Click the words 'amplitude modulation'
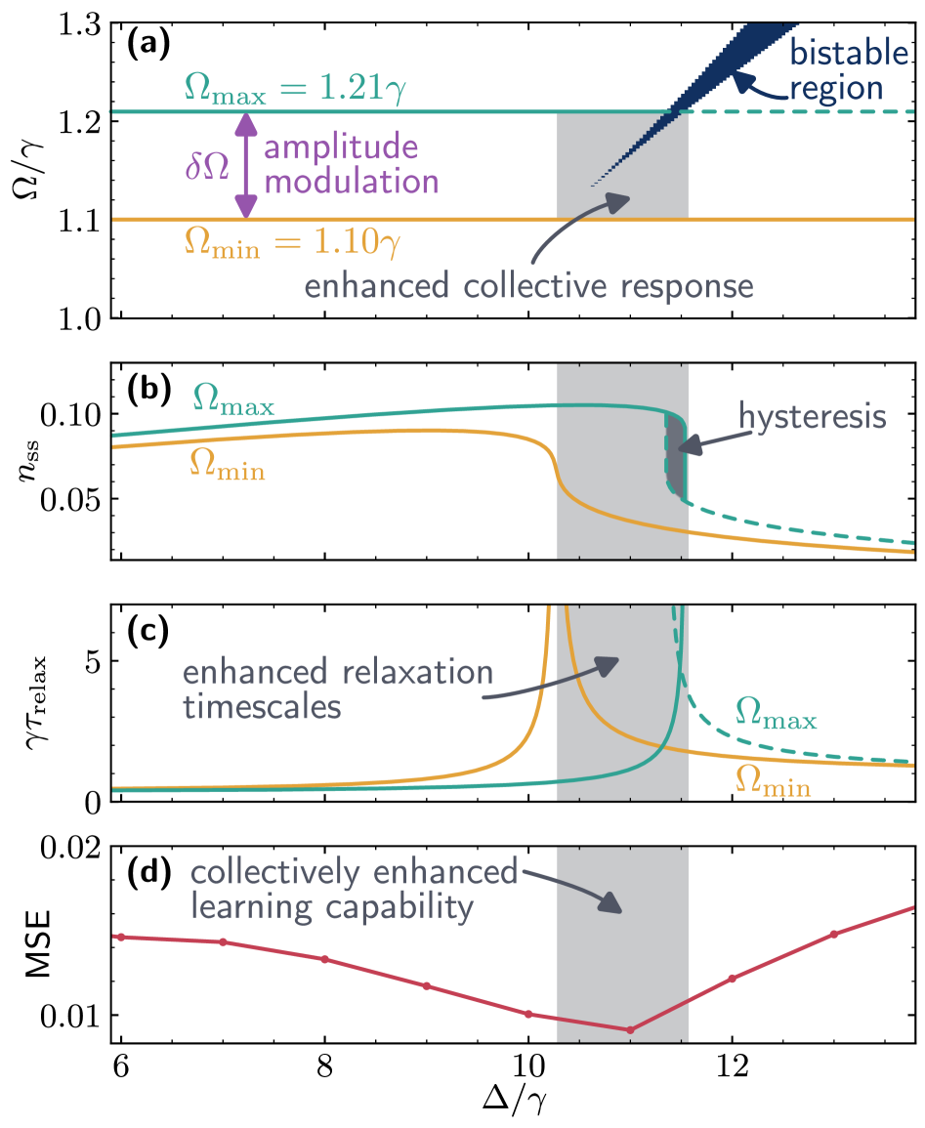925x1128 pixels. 350,166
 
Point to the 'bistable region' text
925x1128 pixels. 848,70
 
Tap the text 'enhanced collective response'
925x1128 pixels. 528,287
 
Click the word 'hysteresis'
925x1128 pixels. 812,417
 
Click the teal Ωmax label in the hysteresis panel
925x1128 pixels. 233,400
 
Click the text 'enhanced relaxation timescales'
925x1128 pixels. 337,689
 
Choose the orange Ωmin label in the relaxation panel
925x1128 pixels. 773,780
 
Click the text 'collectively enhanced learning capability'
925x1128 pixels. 353,889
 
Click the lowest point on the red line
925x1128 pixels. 630,1029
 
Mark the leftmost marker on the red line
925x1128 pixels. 121,937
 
